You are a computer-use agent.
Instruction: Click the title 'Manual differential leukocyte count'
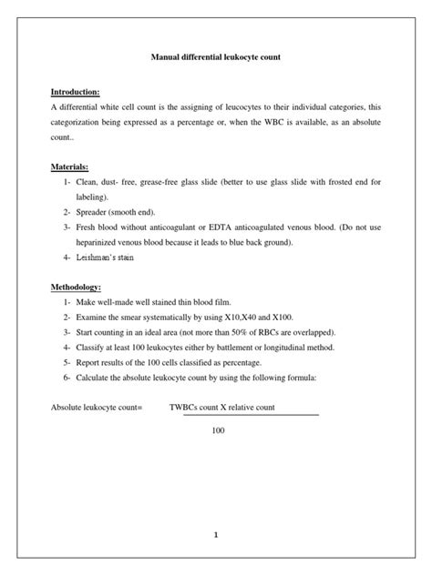pyautogui.click(x=215, y=56)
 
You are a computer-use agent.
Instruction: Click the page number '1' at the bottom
pyautogui.click(x=216, y=510)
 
